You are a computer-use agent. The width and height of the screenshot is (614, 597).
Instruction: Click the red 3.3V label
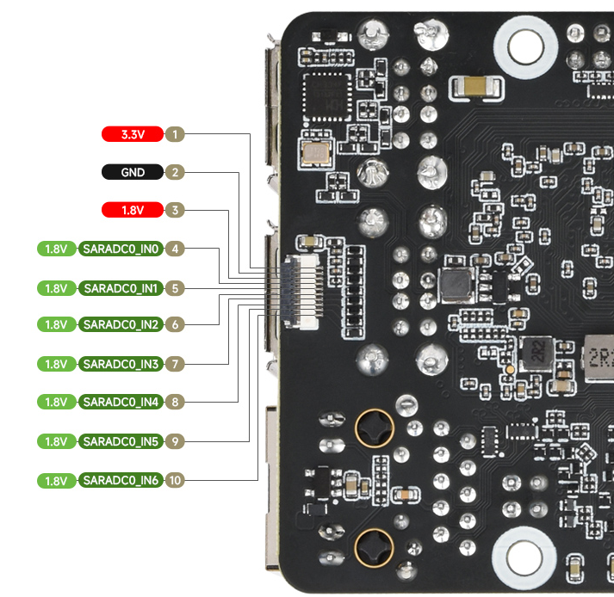click(133, 134)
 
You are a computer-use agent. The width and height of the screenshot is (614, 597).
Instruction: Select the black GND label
click(133, 172)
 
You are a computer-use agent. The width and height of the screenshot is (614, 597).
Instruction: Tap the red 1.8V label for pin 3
click(133, 210)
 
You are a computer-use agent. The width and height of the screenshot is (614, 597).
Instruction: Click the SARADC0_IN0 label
click(121, 249)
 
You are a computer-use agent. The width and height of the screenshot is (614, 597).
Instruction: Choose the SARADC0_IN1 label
click(121, 288)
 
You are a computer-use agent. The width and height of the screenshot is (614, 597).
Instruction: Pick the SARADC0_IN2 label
click(121, 324)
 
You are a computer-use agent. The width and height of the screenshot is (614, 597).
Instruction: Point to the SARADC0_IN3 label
click(121, 364)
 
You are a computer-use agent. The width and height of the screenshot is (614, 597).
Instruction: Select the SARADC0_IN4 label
click(121, 402)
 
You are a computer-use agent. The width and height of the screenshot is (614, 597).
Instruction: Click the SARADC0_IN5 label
click(121, 441)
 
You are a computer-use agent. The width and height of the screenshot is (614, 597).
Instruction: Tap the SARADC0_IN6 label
click(121, 480)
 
